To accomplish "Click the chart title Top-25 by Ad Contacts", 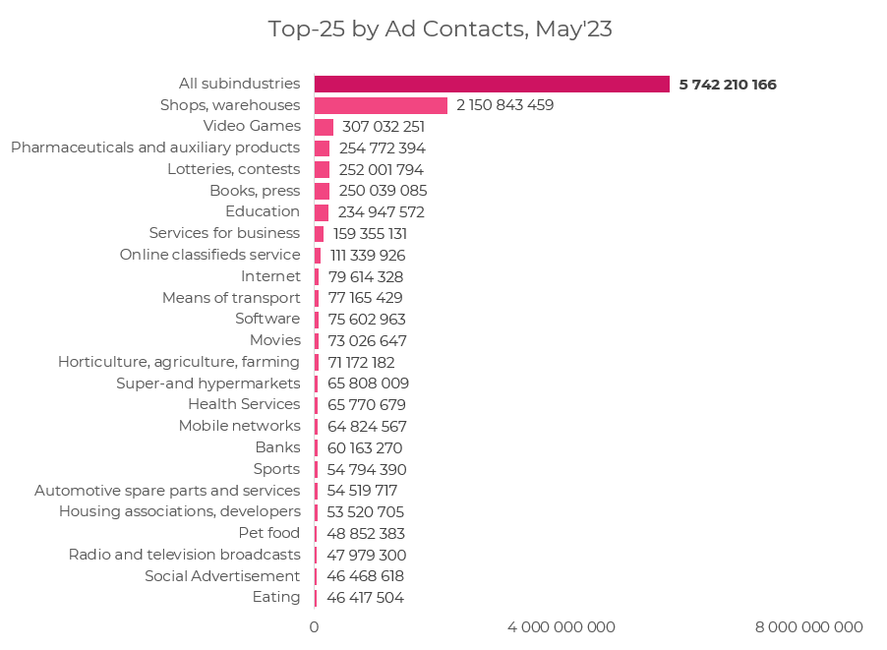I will pyautogui.click(x=440, y=30).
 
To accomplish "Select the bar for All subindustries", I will pyautogui.click(x=492, y=85).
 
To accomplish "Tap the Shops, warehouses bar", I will pyautogui.click(x=381, y=105).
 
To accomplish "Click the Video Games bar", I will pyautogui.click(x=324, y=127).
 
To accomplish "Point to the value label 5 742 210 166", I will pyautogui.click(x=728, y=85).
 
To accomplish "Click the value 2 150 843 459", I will pyautogui.click(x=504, y=105).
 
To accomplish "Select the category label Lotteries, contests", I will pyautogui.click(x=233, y=169).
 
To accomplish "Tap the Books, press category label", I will pyautogui.click(x=255, y=191).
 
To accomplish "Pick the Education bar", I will pyautogui.click(x=322, y=212).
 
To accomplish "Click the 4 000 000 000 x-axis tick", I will pyautogui.click(x=561, y=627).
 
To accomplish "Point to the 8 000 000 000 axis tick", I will pyautogui.click(x=808, y=627).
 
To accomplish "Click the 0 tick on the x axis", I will pyautogui.click(x=315, y=627).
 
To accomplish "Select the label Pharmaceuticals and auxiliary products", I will pyautogui.click(x=155, y=148).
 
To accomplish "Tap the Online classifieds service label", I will pyautogui.click(x=209, y=255).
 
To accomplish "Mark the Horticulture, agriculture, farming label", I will pyautogui.click(x=179, y=362).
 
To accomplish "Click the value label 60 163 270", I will pyautogui.click(x=365, y=448).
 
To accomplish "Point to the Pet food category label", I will pyautogui.click(x=269, y=533).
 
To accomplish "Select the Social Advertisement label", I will pyautogui.click(x=222, y=576).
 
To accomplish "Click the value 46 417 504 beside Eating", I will pyautogui.click(x=365, y=598).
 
